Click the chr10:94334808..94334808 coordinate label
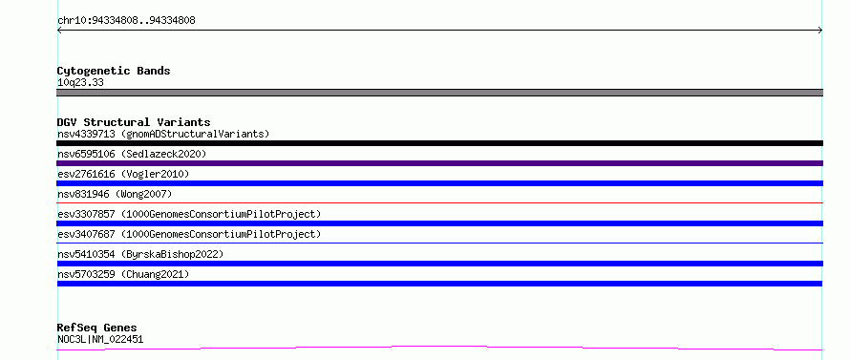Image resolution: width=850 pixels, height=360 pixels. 126,21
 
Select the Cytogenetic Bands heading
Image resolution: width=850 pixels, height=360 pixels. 114,71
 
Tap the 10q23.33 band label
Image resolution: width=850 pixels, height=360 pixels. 80,83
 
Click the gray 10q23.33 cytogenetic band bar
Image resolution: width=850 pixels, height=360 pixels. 439,93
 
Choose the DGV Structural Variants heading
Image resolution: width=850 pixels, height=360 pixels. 134,122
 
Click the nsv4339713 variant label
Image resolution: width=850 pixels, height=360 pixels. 163,134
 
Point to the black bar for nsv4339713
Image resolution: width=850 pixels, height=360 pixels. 439,143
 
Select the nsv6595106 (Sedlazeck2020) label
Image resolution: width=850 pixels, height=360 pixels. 132,154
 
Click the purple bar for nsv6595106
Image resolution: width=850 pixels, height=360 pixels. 439,163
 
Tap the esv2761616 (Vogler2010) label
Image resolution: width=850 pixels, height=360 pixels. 123,174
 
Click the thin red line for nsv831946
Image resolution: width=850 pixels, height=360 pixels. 439,202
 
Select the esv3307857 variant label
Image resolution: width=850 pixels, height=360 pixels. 189,214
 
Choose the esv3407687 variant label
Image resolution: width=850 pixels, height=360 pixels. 189,234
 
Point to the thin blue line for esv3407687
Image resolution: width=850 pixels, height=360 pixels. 439,243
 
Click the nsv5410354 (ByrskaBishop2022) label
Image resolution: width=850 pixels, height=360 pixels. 140,254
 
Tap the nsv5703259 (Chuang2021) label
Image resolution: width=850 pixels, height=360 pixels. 123,274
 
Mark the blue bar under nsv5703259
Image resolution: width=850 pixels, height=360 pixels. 439,284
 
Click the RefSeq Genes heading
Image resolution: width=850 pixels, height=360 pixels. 97,328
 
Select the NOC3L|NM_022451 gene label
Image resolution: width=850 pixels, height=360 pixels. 100,340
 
